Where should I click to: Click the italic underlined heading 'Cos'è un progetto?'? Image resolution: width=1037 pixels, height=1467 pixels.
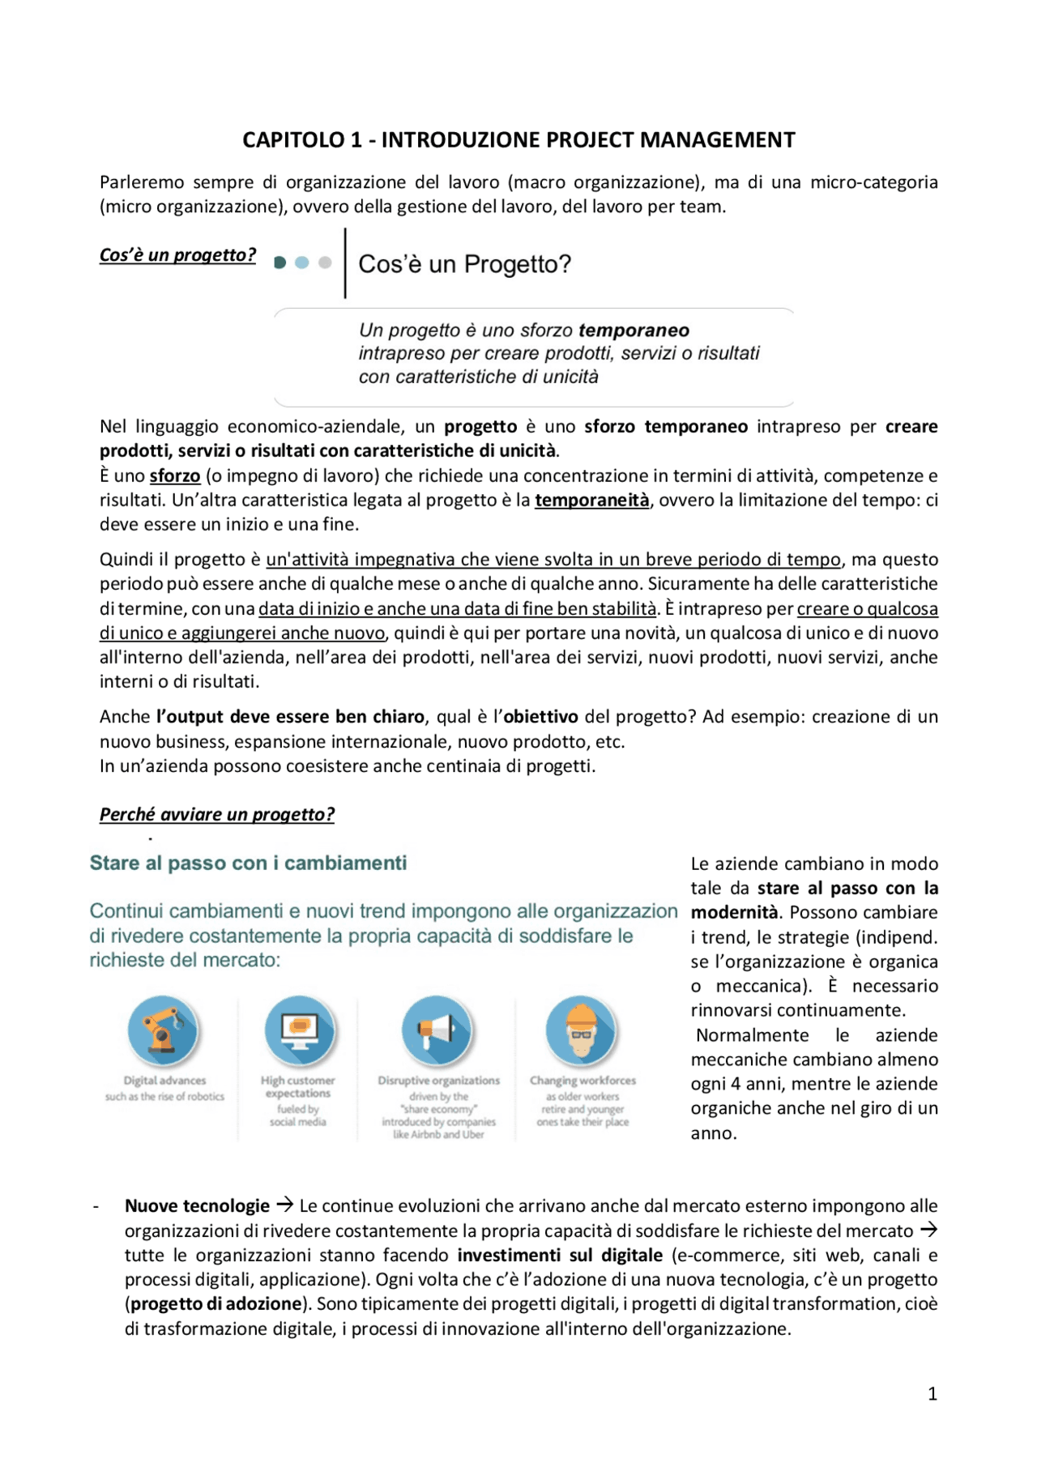[177, 255]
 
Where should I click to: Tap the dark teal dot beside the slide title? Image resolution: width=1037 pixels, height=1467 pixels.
[280, 262]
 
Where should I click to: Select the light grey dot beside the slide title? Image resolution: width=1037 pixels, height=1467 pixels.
[325, 262]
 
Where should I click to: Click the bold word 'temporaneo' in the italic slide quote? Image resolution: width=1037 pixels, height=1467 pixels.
[634, 331]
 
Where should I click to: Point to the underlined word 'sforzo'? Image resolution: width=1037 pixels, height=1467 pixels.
[175, 476]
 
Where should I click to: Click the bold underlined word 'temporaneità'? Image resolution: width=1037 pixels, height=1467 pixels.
[591, 501]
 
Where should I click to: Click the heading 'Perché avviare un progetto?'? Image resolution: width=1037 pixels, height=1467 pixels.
[216, 815]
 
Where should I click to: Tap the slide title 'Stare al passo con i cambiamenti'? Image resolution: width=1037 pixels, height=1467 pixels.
[248, 864]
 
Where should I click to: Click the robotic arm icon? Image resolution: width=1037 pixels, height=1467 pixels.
[164, 1030]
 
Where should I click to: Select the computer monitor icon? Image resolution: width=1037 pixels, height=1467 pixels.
[300, 1030]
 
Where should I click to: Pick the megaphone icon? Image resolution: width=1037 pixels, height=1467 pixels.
[437, 1030]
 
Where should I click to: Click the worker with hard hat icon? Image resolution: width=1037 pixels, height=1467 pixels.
[582, 1030]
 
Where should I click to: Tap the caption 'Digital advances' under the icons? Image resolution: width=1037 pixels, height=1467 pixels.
[164, 1081]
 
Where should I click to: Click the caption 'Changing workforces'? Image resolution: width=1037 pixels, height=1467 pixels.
[583, 1081]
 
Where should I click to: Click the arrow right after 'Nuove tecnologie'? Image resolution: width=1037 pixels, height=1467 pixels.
[284, 1205]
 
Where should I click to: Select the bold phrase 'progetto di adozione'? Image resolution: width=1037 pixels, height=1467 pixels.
[216, 1304]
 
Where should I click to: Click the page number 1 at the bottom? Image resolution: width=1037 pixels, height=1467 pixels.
[932, 1394]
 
